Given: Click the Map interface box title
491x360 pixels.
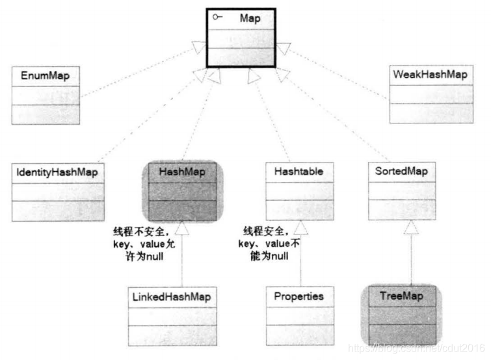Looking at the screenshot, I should (x=250, y=18).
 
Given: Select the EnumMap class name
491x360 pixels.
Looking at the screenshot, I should (x=45, y=76).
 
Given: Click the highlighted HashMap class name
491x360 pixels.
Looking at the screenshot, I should (x=181, y=172).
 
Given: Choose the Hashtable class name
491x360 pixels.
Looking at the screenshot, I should (x=299, y=172).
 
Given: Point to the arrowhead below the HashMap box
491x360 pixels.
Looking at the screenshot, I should (x=183, y=227).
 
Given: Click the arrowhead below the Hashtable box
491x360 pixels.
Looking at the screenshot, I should (x=300, y=227).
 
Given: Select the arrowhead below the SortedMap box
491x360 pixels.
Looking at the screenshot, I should (x=410, y=227).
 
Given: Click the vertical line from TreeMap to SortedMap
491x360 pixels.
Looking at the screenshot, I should (x=410, y=260).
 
